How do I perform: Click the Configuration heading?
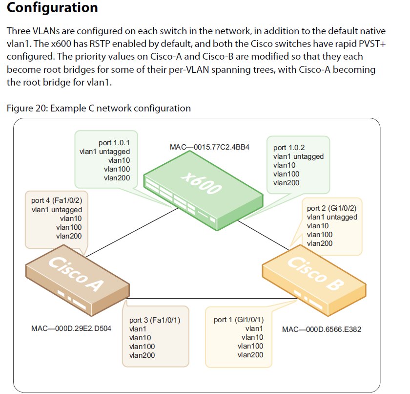point(53,8)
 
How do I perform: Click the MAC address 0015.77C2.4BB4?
point(209,147)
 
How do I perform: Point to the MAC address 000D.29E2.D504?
point(71,328)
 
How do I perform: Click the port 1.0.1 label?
point(114,143)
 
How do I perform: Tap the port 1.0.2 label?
point(289,148)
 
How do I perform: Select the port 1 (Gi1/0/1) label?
point(239,320)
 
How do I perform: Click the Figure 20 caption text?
point(99,108)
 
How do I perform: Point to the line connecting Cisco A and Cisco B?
point(195,298)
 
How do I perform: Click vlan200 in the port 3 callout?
point(142,355)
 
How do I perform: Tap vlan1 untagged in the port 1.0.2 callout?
point(298,156)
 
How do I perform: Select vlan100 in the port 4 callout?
point(68,227)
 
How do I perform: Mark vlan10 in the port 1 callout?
point(252,337)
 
